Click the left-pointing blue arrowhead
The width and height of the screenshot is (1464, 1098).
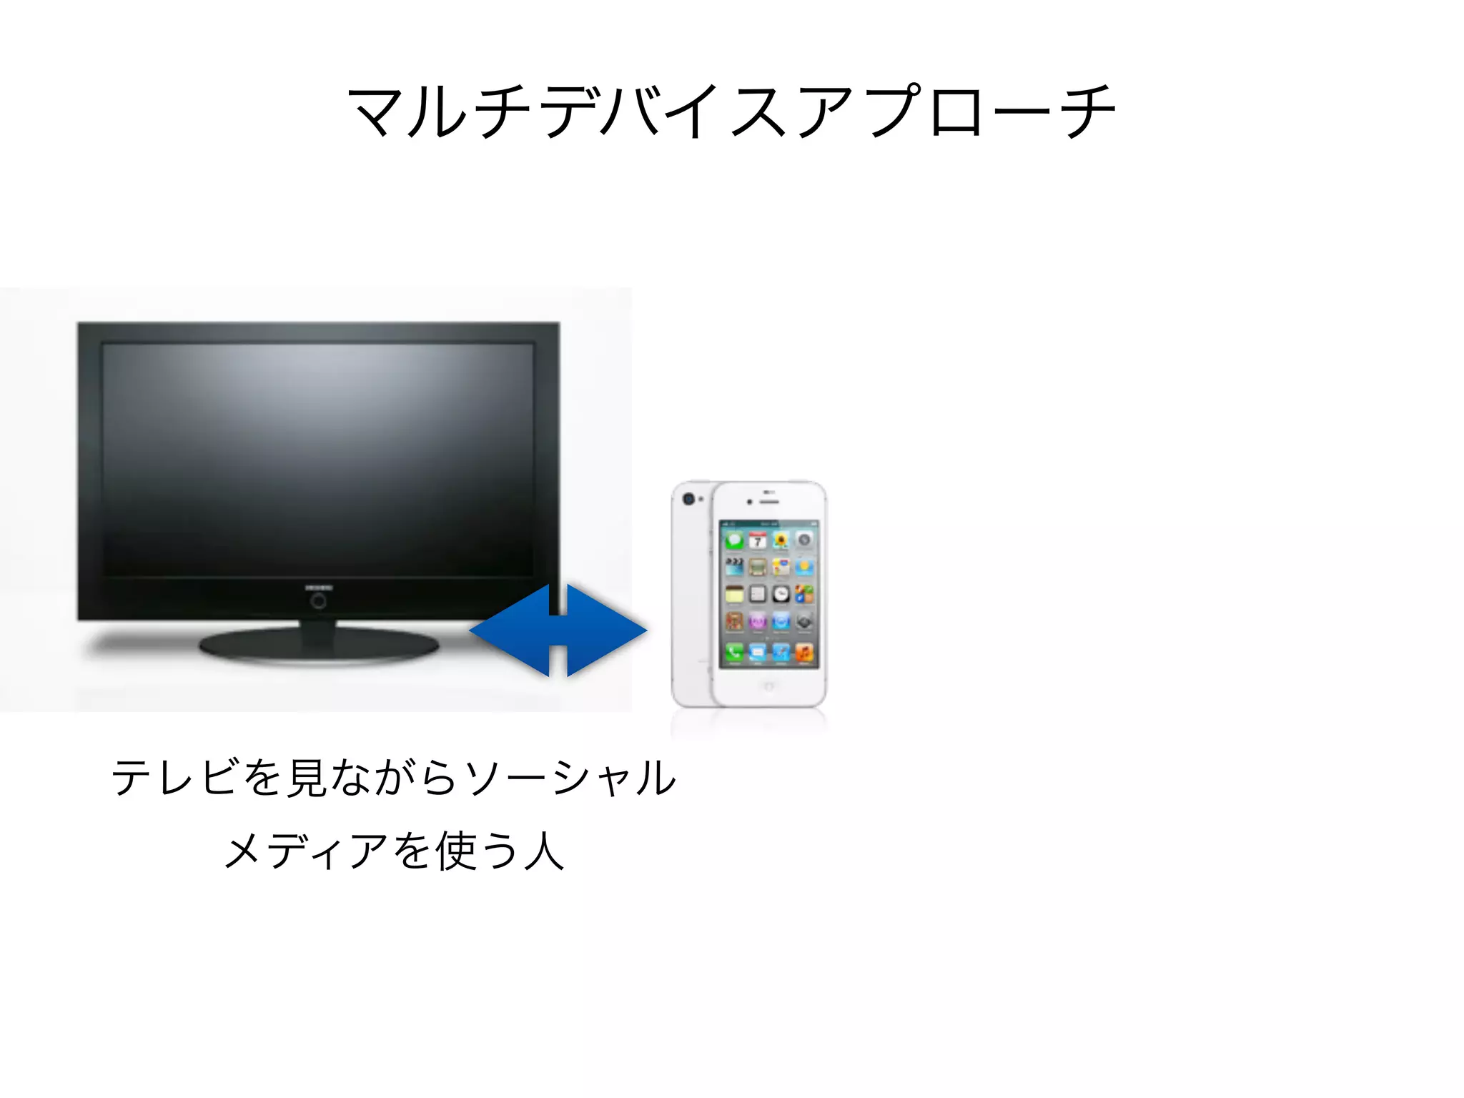click(x=511, y=630)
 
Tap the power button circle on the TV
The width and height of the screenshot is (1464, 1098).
click(x=318, y=602)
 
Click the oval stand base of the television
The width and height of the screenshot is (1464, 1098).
click(x=319, y=646)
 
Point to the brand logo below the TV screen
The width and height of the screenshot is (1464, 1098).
click(x=318, y=588)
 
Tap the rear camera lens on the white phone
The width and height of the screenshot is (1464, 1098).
click(x=688, y=499)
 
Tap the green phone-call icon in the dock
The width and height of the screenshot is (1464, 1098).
click(x=734, y=652)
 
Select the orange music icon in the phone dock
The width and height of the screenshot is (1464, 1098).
click(x=804, y=652)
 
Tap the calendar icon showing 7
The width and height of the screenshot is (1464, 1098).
click(x=758, y=541)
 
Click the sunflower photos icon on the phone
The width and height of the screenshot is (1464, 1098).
click(x=781, y=541)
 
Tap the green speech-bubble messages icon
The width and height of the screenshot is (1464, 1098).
click(x=734, y=541)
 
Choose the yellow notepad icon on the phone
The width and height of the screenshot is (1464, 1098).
click(x=734, y=595)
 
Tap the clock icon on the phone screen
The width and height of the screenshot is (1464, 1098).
click(x=781, y=595)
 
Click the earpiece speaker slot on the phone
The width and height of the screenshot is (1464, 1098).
click(x=769, y=502)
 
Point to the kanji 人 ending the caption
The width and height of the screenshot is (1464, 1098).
click(x=544, y=851)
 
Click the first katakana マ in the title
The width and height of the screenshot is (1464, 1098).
click(x=375, y=112)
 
